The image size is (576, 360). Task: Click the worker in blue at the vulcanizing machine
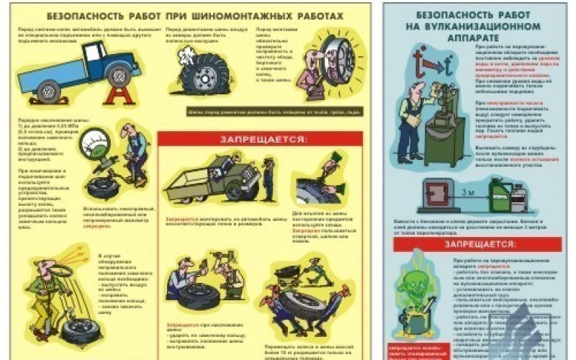point(413,115)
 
